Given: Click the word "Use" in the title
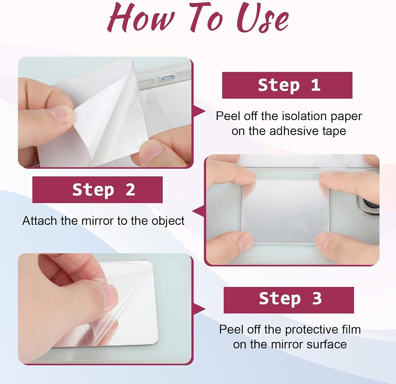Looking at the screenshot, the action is coord(263,18).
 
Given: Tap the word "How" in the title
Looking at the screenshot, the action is coord(141,18).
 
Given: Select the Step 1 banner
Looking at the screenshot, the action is coord(287,85).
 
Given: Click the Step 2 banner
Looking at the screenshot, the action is coord(97,189).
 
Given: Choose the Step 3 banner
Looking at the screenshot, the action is coord(289,300).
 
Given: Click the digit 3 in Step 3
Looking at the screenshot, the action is coord(317,298).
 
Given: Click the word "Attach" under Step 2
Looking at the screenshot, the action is coord(40,221).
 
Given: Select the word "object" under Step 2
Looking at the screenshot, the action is coord(168,221).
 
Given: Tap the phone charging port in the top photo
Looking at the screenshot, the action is coord(167,78).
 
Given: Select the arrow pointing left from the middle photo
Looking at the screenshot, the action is coord(198,211).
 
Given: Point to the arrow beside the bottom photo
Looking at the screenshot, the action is coord(200,309).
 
